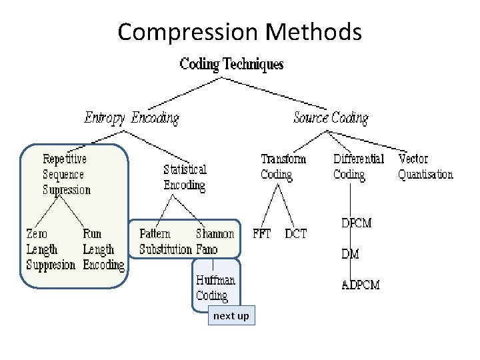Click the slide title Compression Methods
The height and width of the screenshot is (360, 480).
click(x=239, y=31)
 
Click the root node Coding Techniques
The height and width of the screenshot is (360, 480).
click(x=231, y=64)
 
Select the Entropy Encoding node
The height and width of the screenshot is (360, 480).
click(x=131, y=118)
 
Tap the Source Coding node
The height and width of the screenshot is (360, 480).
click(x=331, y=118)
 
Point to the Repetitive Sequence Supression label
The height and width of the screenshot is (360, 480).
click(x=66, y=174)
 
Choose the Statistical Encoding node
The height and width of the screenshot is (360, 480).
click(x=185, y=177)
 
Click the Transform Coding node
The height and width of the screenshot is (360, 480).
click(x=283, y=167)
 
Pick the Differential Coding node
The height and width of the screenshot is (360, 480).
click(x=359, y=167)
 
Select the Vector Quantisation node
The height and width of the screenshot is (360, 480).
click(x=425, y=167)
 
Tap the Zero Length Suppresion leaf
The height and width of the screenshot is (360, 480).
click(x=50, y=249)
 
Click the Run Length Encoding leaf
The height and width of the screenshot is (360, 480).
click(x=103, y=249)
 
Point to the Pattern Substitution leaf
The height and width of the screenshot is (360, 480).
click(x=165, y=242)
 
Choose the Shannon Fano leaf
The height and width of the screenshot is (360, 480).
click(x=215, y=241)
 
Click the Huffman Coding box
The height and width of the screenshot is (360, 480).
click(x=215, y=288)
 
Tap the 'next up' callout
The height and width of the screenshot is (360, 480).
click(x=231, y=315)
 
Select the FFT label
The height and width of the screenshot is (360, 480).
click(x=262, y=234)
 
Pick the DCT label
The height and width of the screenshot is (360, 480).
click(x=296, y=234)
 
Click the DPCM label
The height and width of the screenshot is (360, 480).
click(x=356, y=223)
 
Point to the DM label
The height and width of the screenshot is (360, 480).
click(x=350, y=253)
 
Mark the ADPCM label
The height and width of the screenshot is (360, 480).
click(x=361, y=285)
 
